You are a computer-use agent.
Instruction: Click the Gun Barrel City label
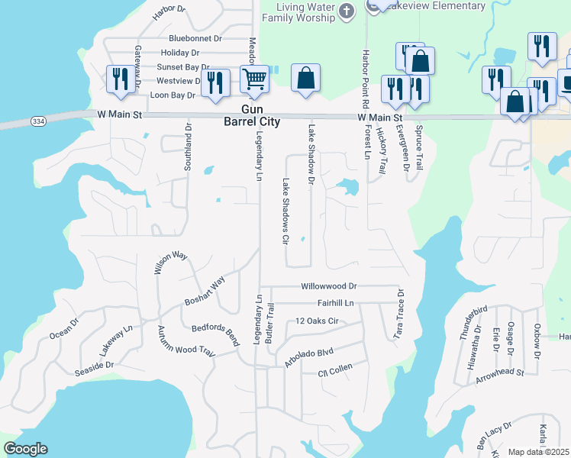pos(251,116)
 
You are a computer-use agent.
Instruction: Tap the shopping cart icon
pos(254,78)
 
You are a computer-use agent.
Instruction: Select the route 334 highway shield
pos(38,121)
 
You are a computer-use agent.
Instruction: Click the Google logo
pos(24,449)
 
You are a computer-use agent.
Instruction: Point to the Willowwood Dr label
pos(329,286)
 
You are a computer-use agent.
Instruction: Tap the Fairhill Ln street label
pos(336,303)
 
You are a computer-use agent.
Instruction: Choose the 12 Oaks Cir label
pos(317,321)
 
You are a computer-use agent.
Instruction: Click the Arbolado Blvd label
pos(309,358)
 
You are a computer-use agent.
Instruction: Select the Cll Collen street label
pos(334,373)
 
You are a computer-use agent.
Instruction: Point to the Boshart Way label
pos(205,291)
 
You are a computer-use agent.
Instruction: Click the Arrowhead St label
pos(499,373)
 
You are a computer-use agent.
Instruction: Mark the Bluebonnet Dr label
pos(195,37)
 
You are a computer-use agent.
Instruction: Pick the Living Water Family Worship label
pos(298,11)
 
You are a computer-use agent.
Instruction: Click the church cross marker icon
pos(346,11)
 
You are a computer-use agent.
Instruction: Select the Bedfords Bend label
pos(215,333)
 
